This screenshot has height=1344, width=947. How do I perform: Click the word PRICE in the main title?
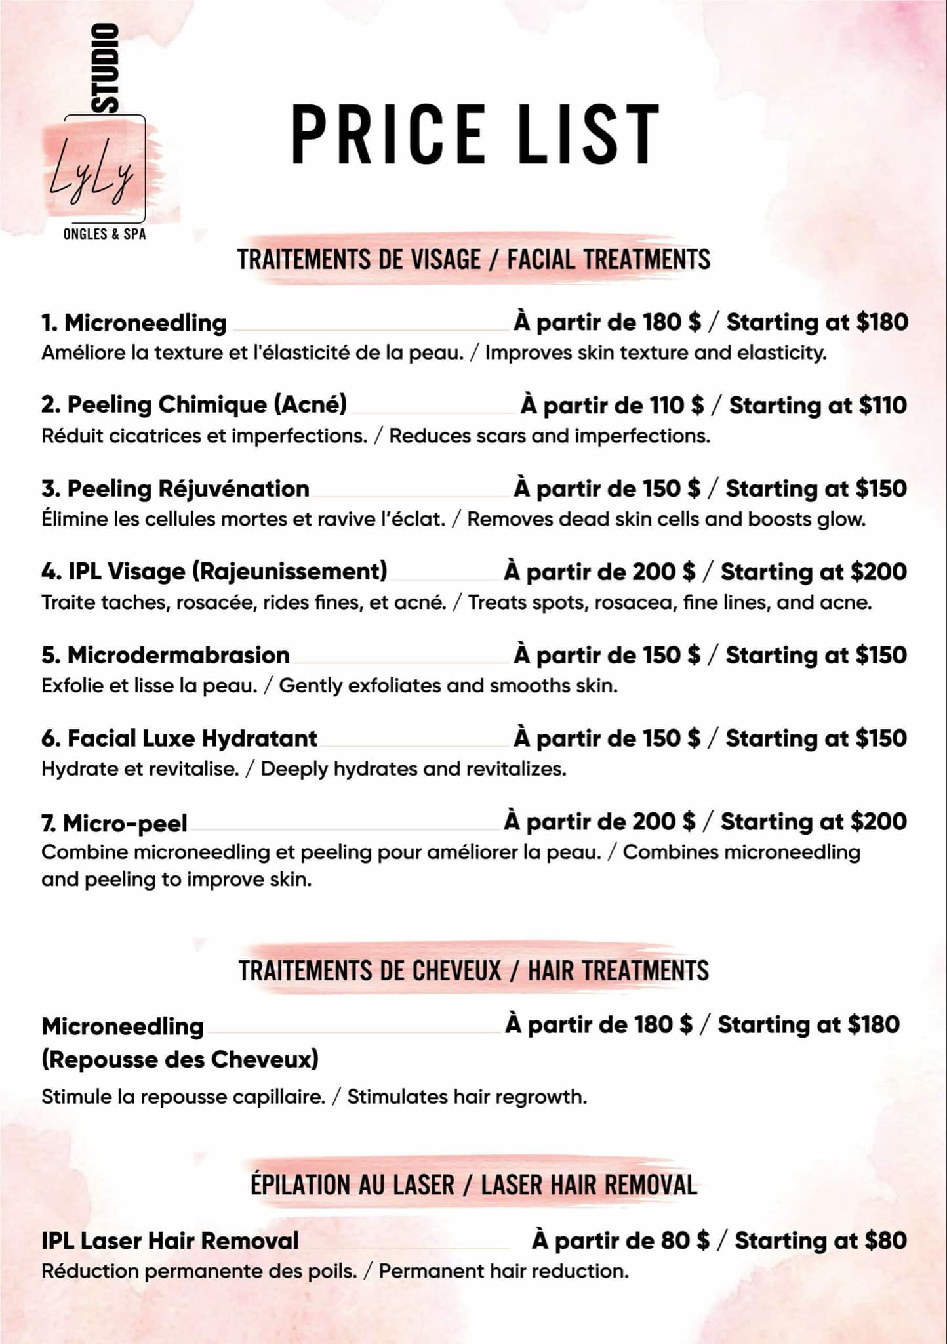point(388,134)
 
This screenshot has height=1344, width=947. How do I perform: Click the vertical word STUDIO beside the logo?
point(105,68)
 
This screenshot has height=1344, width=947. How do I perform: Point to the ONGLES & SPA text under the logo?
point(104,234)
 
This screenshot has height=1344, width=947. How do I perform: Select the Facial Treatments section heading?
point(473,260)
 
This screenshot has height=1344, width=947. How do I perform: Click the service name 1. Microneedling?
point(134,323)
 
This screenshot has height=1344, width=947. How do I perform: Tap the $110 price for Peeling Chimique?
point(883,406)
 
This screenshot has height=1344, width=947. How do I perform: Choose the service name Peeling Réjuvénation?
point(176,489)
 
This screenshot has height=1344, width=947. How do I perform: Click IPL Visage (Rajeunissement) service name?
point(214,572)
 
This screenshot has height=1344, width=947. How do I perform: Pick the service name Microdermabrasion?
point(166,655)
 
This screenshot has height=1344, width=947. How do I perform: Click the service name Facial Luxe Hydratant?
point(180,738)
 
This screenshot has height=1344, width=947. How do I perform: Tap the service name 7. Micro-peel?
point(115,823)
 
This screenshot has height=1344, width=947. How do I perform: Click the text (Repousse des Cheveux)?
point(180,1059)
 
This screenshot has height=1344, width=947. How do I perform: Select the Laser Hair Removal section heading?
point(473,1185)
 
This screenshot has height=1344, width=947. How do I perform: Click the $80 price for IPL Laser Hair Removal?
point(886,1240)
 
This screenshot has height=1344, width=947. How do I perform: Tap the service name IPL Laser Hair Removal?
point(170,1241)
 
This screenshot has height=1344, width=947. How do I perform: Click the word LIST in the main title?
point(588,134)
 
